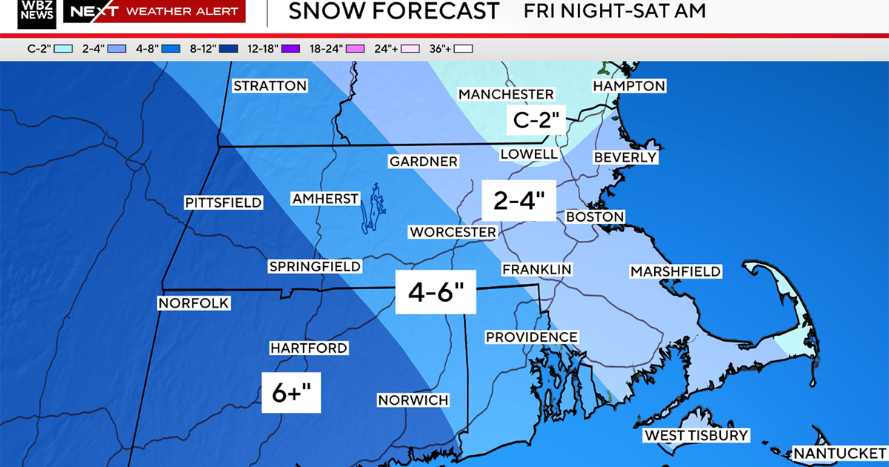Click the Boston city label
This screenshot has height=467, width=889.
point(595,216)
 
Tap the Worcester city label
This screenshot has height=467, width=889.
point(453,232)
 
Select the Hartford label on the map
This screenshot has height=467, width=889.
point(308,348)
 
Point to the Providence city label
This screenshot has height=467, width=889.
point(531,337)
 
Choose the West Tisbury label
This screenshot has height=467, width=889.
point(696,435)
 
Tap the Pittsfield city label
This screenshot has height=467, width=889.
point(223,202)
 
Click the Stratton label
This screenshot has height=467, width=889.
point(270,86)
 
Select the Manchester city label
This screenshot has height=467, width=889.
point(506,94)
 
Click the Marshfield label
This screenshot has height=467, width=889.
point(675,271)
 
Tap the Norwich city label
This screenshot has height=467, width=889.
point(413,400)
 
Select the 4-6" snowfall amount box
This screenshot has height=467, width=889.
point(434,293)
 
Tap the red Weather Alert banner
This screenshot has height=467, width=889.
point(154,11)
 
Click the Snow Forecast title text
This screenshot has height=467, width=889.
point(393,11)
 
